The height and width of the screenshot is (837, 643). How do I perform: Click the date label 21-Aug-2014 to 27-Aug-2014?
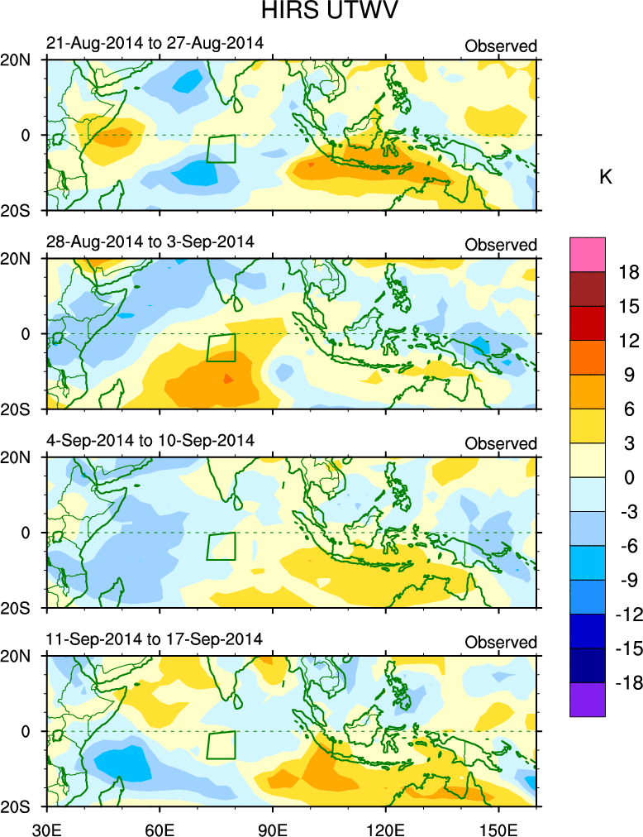click(155, 43)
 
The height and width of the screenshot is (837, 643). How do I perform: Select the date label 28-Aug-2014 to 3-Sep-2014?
click(150, 242)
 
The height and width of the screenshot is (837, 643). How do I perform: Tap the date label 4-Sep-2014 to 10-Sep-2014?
click(150, 440)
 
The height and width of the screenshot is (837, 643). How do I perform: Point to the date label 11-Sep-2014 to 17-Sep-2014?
click(155, 639)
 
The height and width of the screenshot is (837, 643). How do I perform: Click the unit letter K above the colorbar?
click(605, 177)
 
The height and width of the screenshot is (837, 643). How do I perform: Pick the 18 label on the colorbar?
click(629, 272)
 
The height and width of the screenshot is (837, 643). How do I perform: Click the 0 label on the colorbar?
click(628, 477)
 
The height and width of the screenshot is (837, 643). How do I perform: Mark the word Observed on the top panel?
click(501, 46)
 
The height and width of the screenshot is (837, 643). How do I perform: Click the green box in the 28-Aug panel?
click(221, 347)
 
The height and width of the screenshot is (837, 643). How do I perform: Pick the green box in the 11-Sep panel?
click(221, 744)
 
